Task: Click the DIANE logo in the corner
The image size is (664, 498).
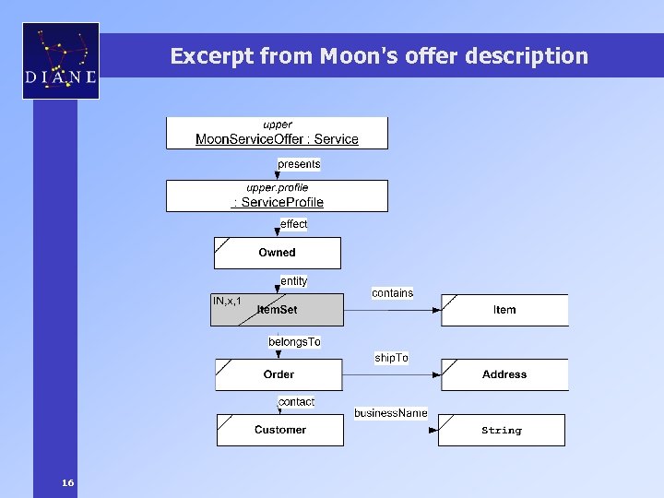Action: (61, 61)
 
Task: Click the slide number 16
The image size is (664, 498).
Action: (67, 483)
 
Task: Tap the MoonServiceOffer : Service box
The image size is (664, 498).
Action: (277, 133)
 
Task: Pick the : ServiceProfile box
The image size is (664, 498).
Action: (277, 196)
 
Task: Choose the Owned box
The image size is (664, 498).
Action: (277, 253)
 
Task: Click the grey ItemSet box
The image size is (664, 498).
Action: (277, 310)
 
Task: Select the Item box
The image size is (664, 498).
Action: (504, 310)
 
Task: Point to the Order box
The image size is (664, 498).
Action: (279, 374)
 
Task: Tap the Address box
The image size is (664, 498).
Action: (504, 374)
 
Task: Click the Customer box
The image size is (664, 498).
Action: (279, 430)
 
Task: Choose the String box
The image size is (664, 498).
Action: (501, 431)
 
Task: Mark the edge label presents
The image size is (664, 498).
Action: (299, 164)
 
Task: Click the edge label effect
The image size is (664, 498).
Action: (294, 224)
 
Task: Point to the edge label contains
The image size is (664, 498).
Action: (392, 293)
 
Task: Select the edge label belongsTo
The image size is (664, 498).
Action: (294, 342)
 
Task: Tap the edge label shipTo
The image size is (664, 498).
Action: (391, 358)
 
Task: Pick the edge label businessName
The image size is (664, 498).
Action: (390, 413)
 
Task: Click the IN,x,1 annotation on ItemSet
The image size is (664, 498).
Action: (227, 302)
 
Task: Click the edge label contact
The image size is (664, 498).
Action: (296, 402)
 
